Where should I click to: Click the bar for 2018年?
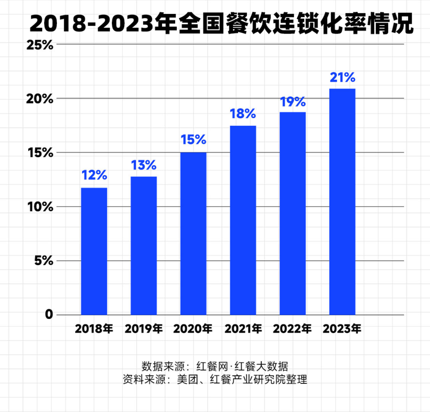pos(94,251)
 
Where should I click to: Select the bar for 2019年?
pos(144,246)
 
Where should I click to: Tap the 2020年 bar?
pos(193,234)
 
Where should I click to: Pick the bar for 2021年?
pos(243,220)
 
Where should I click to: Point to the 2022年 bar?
pos(293,213)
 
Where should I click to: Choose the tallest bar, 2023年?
pos(342,202)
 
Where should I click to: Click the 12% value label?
pos(94,175)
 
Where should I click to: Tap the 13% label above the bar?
pos(144,165)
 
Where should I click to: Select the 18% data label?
pos(243,114)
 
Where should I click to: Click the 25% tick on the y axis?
pos(39,45)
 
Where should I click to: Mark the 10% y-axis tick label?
pos(39,207)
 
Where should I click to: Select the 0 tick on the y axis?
pos(49,315)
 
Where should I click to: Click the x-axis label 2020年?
pos(193,329)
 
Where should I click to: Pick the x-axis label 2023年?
pos(342,329)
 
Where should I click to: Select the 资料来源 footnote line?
pos(215,380)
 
